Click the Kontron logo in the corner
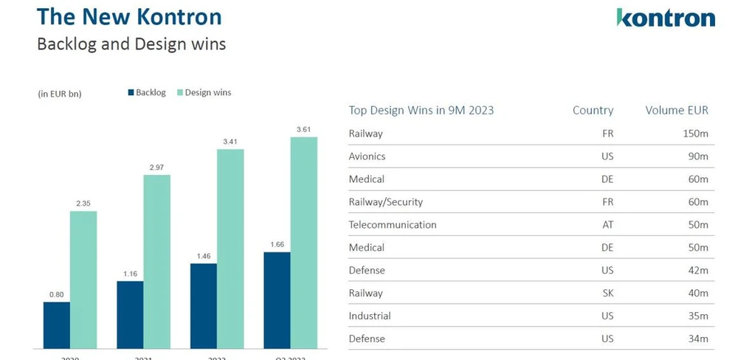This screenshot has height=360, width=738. [x=665, y=18]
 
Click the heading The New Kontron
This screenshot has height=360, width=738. [x=129, y=17]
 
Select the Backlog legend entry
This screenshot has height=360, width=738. [x=147, y=92]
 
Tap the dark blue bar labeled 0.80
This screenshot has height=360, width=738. [x=57, y=325]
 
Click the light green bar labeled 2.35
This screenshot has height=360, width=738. [x=83, y=280]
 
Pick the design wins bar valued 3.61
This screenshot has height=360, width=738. [x=303, y=243]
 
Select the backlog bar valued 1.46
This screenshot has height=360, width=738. [x=204, y=305]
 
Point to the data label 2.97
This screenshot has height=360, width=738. [x=156, y=168]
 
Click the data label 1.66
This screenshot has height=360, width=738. [x=277, y=244]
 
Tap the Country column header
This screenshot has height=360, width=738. [x=593, y=111]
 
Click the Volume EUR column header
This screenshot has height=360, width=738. [x=676, y=111]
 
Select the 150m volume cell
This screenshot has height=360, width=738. [x=694, y=134]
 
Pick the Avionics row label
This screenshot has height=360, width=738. [x=367, y=156]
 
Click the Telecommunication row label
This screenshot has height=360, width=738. [x=393, y=225]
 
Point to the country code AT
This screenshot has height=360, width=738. [x=607, y=225]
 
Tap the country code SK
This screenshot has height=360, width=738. [x=607, y=294]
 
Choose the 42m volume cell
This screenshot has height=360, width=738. [x=697, y=271]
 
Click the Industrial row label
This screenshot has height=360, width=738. [x=370, y=316]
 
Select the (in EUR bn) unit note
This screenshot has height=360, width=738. [x=59, y=94]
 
